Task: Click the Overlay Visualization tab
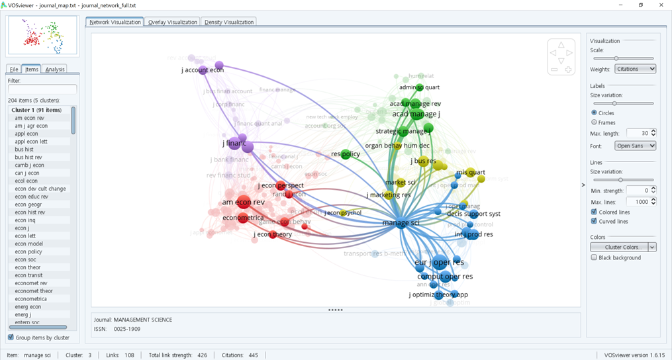(172, 22)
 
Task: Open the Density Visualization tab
(229, 22)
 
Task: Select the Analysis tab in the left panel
(55, 69)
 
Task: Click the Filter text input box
(42, 89)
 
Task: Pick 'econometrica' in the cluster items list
(30, 298)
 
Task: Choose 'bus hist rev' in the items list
(28, 157)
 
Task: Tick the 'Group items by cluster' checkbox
(11, 337)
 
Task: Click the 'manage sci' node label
(401, 223)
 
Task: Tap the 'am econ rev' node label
(243, 202)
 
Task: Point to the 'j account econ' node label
(203, 69)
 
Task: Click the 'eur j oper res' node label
(439, 263)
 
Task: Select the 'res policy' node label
(346, 154)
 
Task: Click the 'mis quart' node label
(470, 173)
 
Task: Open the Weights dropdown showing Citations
(634, 69)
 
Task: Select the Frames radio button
(594, 122)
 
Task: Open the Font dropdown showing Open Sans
(634, 146)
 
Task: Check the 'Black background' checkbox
(594, 257)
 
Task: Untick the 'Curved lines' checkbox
(594, 221)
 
